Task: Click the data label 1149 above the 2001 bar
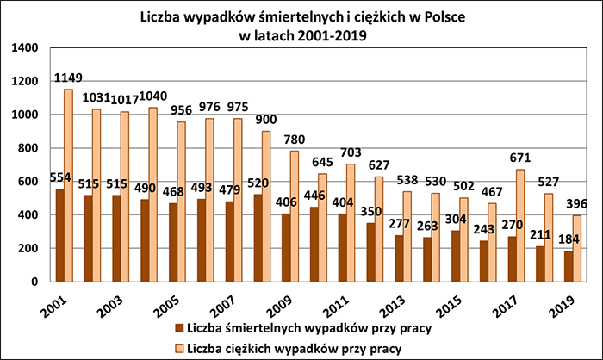tap(68, 78)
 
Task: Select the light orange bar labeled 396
tap(578, 249)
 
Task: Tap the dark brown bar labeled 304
tap(455, 256)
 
